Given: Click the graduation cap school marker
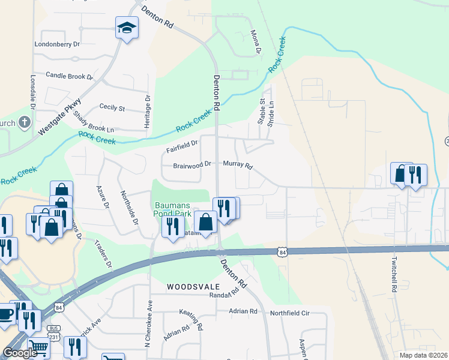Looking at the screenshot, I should [127, 28].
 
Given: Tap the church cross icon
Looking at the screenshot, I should [24, 123].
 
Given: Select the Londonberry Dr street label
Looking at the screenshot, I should [57, 44].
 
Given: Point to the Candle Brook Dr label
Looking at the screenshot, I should [70, 77].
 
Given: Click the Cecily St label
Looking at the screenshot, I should [112, 109].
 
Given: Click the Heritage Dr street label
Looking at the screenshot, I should [146, 109].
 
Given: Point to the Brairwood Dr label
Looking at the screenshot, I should [192, 164].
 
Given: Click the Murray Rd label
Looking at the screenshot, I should [238, 164].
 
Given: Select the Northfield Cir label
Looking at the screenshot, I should [289, 313].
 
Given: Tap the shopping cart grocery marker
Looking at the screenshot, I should [37, 346].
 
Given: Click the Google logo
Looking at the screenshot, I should [19, 353].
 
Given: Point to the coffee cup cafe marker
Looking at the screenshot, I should [5, 314].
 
